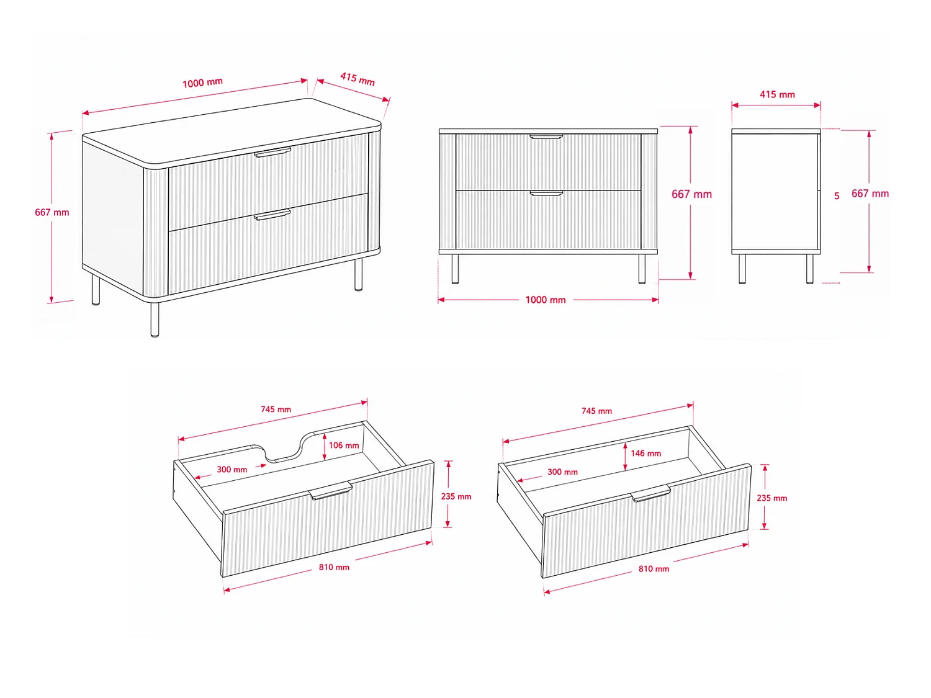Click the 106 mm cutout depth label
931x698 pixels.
pyautogui.click(x=344, y=445)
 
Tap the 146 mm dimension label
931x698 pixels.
pyautogui.click(x=645, y=454)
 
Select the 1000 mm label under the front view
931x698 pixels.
pyautogui.click(x=546, y=300)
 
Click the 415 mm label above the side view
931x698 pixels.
pyautogui.click(x=777, y=94)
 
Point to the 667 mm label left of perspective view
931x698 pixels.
pyautogui.click(x=52, y=212)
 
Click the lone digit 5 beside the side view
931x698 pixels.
pyautogui.click(x=837, y=196)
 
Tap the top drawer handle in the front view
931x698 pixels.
pyautogui.click(x=546, y=136)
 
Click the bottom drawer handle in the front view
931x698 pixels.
pyautogui.click(x=546, y=194)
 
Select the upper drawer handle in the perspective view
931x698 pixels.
pyautogui.click(x=272, y=153)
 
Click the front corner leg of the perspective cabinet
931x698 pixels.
pyautogui.click(x=155, y=320)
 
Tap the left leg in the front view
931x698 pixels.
pyautogui.click(x=455, y=269)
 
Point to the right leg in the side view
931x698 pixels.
pyautogui.click(x=810, y=269)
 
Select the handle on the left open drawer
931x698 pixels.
pyautogui.click(x=330, y=491)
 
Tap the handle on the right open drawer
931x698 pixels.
pyautogui.click(x=650, y=493)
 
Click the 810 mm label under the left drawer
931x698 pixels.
pyautogui.click(x=334, y=568)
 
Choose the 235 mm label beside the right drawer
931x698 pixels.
pyautogui.click(x=772, y=498)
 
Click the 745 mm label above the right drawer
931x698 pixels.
pyautogui.click(x=596, y=411)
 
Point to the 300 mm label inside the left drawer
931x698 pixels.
pyautogui.click(x=232, y=470)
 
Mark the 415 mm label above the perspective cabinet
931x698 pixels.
pyautogui.click(x=358, y=79)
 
